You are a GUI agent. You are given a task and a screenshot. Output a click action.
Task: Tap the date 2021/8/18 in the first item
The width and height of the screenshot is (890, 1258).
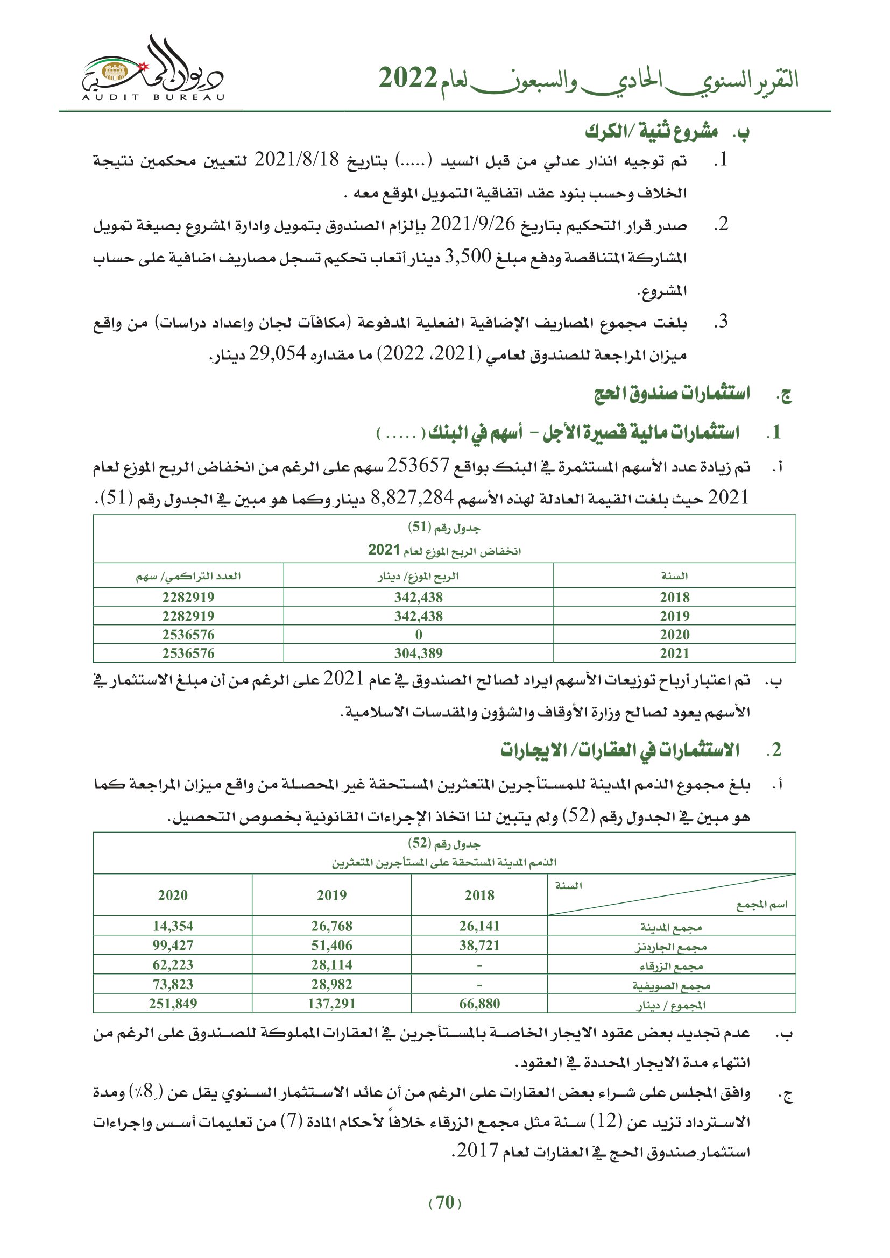(297, 160)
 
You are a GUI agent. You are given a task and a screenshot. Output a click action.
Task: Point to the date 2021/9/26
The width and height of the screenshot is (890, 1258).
(472, 224)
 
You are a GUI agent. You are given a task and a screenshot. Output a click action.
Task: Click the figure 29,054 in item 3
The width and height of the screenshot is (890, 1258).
(277, 354)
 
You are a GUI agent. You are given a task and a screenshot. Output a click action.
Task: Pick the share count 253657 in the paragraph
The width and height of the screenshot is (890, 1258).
(418, 466)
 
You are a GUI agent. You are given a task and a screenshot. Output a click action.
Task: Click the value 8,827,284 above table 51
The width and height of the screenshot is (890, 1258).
(412, 497)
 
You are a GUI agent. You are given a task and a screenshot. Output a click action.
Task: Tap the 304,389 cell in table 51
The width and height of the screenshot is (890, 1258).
(418, 653)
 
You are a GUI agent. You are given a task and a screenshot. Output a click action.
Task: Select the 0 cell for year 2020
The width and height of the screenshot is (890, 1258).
(418, 635)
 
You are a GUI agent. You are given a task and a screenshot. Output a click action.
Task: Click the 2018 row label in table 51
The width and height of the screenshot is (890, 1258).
(674, 597)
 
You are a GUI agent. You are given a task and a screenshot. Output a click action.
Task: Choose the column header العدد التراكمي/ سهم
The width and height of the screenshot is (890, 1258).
(188, 577)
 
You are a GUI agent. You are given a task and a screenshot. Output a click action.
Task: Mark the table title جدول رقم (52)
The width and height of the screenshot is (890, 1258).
(444, 843)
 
